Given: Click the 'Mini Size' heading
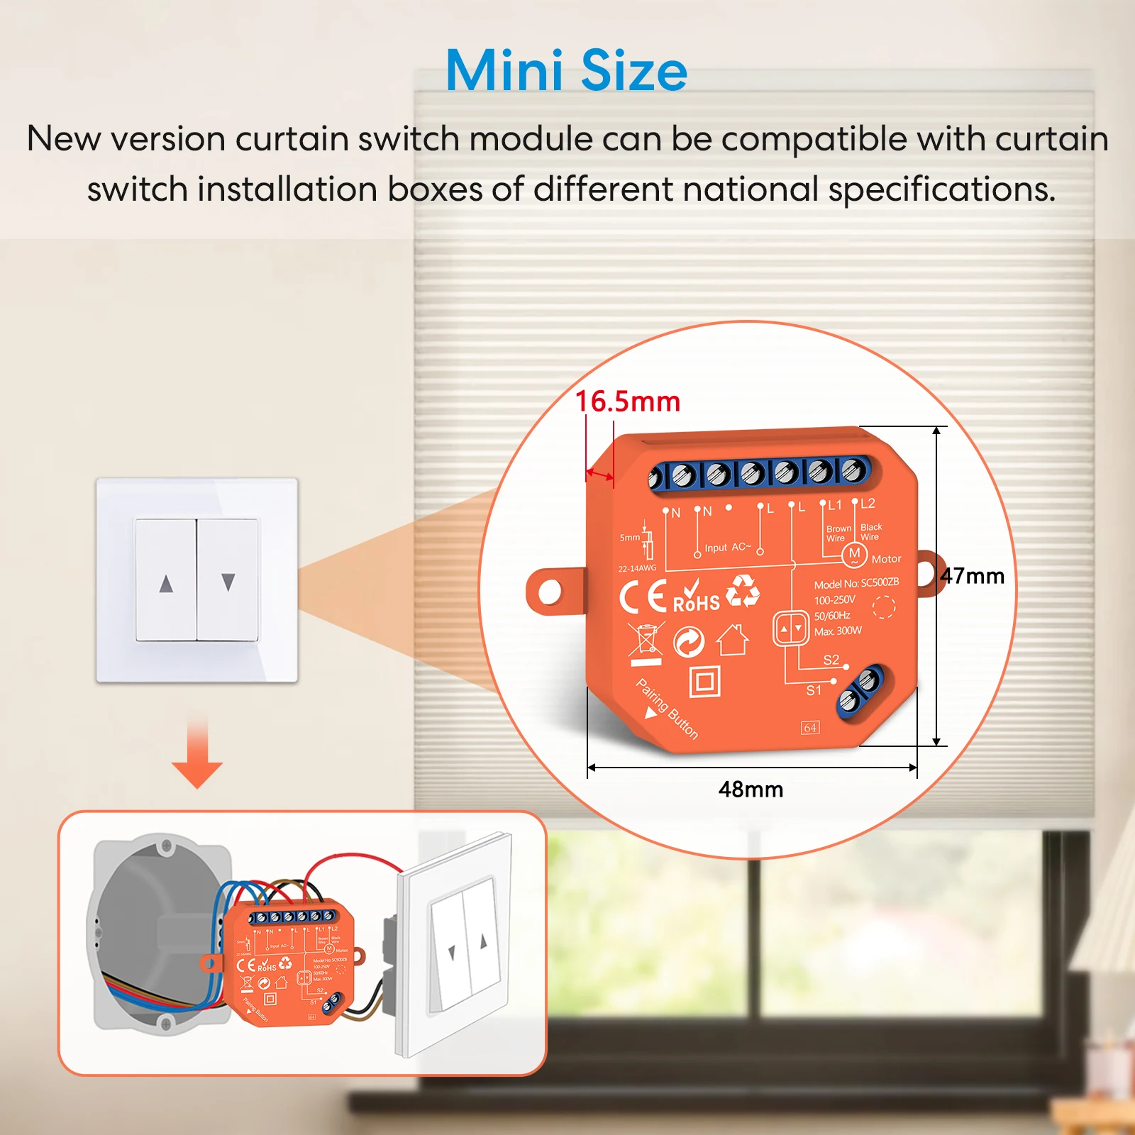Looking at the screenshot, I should point(566,71).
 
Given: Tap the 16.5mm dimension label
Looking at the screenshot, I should point(627,402).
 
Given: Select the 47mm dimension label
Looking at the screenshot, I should point(973,576).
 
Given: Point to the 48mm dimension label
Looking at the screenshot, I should point(751,790).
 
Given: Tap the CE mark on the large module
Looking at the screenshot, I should point(643,596).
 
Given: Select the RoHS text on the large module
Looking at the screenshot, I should point(696,603).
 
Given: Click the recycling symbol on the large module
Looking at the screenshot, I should point(743,590).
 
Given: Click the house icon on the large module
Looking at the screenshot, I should point(733,640).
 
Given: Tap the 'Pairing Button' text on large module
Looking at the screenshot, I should point(668,709).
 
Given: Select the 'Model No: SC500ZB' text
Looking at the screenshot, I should point(856,583).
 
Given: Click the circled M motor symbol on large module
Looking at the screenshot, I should point(854,554).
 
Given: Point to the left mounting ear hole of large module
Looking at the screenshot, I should point(550,591).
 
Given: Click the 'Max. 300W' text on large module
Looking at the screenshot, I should point(838,631).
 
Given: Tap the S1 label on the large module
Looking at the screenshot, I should point(814,690).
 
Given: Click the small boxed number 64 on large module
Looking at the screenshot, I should point(810,728).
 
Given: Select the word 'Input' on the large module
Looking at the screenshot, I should point(716,548).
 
